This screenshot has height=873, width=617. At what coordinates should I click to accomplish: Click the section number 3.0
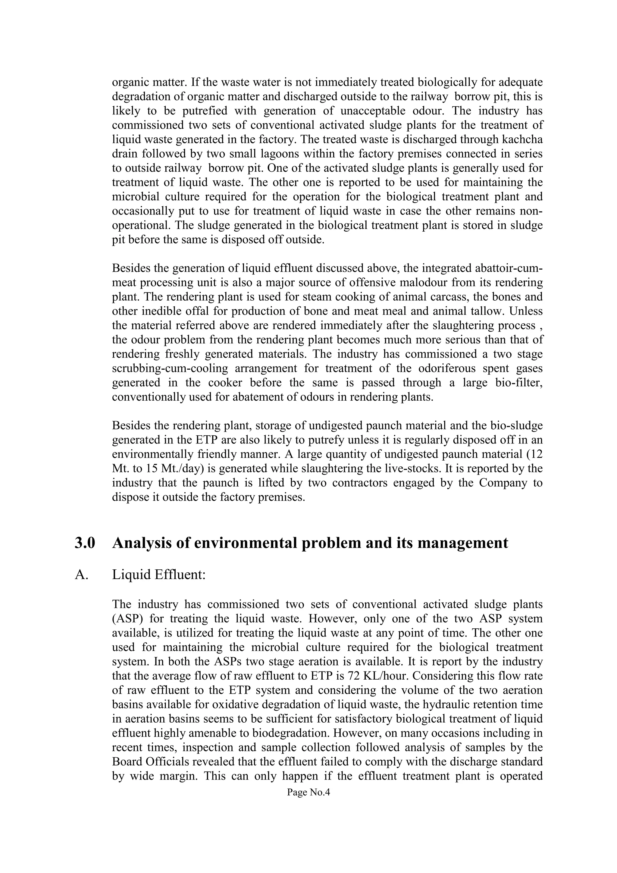[x=85, y=543]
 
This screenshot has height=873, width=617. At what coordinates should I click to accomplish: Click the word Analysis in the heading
[x=143, y=543]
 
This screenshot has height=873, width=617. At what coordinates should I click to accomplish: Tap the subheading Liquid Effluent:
[x=158, y=574]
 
